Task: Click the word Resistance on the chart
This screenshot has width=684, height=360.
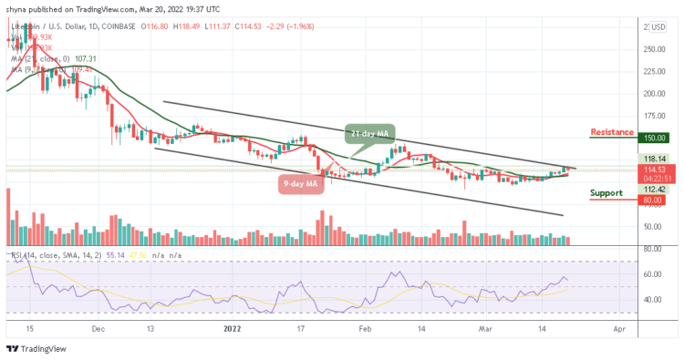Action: tap(611, 132)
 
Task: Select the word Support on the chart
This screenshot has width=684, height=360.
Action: tap(606, 193)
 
